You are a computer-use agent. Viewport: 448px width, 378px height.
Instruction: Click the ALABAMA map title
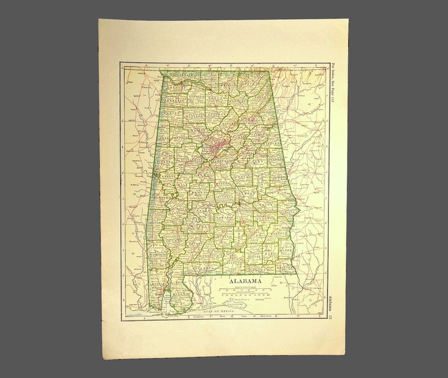click(x=244, y=280)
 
